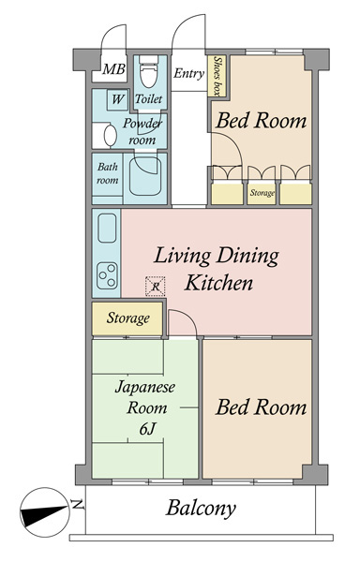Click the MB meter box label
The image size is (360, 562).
coord(113,68)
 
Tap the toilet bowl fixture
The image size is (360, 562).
coord(148,71)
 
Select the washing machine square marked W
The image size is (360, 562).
coord(117,99)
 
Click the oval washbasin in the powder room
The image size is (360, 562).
coord(110,136)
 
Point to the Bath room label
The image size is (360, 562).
coord(108,173)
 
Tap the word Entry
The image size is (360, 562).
coord(188,73)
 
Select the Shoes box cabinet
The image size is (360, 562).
coord(217,76)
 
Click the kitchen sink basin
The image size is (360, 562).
coord(107,228)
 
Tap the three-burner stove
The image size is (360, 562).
coord(107,275)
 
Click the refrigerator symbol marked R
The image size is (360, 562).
coord(156,287)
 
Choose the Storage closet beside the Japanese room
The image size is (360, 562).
coord(127,318)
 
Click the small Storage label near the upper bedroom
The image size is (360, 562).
coord(262,193)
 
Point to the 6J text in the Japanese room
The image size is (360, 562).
coord(147,428)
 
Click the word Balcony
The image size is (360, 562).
coord(201,509)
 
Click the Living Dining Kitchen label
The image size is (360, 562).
coord(217,270)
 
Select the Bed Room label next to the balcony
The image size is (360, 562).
coord(261,407)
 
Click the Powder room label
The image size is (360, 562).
coord(142,131)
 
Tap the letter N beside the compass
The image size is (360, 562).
coord(78,505)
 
